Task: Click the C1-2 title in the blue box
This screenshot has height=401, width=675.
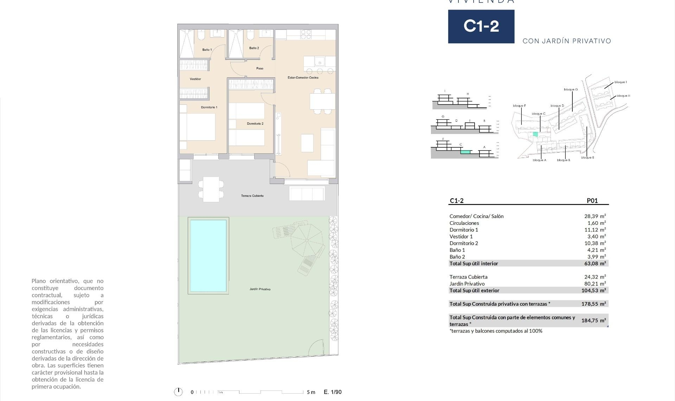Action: [x=481, y=26]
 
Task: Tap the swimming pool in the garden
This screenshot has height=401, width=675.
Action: [x=208, y=256]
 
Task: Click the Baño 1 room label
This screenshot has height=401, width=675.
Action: [x=207, y=50]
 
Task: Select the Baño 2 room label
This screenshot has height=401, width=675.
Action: [x=254, y=48]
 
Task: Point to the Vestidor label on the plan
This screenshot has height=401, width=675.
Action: [x=195, y=79]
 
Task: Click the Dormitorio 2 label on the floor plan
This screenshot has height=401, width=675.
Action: [x=255, y=124]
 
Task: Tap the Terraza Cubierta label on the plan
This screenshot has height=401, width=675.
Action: [x=252, y=196]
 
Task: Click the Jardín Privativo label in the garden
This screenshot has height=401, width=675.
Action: [x=260, y=289]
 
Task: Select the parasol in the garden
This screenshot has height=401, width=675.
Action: [x=307, y=240]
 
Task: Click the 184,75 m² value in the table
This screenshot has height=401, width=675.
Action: [x=593, y=320]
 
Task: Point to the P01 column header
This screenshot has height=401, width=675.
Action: [x=592, y=201]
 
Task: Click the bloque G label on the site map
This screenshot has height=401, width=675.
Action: [x=571, y=90]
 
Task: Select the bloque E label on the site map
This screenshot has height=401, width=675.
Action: [x=587, y=158]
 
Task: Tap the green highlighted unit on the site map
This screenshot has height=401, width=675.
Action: [x=535, y=134]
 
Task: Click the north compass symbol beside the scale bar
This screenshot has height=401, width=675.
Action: [x=179, y=392]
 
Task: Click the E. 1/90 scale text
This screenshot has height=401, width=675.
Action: [x=333, y=392]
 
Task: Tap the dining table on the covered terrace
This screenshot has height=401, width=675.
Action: [x=211, y=189]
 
